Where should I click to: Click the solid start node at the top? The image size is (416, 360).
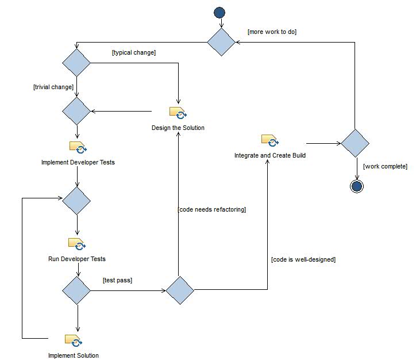pos(219,13)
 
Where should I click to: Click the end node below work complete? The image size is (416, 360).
pos(356,186)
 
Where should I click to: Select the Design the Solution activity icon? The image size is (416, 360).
pos(178,113)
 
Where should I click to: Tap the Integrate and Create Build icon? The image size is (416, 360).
pos(269,140)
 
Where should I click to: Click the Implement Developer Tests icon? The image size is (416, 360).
pos(78,147)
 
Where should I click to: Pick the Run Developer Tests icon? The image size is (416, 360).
pos(76,244)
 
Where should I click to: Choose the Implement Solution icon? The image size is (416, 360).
pos(73,340)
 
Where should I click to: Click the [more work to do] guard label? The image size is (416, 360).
pos(272,32)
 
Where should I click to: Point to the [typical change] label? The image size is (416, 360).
pos(134,52)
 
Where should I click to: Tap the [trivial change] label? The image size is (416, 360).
pos(53,87)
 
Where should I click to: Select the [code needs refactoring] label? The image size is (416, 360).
pos(212,209)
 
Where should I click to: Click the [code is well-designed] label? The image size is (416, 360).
pos(303,259)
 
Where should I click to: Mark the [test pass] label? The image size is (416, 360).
pos(117,280)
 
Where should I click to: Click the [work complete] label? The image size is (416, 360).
pos(385,166)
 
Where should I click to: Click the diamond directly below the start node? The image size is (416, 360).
pos(221,42)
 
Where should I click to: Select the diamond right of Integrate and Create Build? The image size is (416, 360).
pos(355,143)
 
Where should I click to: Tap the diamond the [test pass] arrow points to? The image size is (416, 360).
pos(180,290)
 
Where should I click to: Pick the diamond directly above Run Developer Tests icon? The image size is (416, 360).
pos(76,201)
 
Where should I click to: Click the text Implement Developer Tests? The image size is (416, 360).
pos(78,162)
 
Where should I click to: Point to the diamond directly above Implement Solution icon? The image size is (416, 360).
pos(76,290)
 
